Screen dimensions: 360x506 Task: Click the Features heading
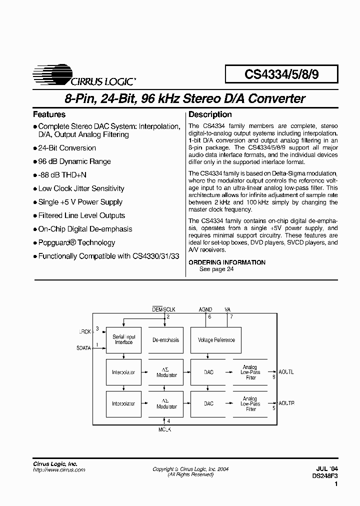(49, 114)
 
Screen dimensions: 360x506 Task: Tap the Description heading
(210, 114)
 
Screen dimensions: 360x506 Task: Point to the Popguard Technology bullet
(76, 242)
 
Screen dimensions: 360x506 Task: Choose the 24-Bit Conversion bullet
(66, 148)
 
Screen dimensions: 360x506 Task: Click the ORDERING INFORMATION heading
(227, 262)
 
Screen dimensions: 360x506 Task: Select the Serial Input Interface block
(124, 340)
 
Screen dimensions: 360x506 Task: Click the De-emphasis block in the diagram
(166, 340)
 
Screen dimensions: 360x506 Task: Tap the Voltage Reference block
(216, 340)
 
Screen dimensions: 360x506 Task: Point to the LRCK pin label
(85, 331)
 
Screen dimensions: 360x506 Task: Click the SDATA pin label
(84, 348)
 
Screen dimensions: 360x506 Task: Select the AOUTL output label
(286, 371)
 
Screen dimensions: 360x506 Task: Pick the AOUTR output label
(286, 403)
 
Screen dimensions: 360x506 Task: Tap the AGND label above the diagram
(205, 309)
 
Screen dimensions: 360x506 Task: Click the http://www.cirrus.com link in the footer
(59, 469)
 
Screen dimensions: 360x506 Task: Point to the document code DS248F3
(325, 474)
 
